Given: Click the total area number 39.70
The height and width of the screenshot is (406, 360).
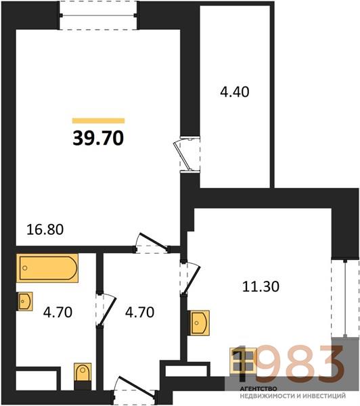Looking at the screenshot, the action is [98, 138].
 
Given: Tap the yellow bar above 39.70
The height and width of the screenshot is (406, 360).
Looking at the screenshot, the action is [98, 120].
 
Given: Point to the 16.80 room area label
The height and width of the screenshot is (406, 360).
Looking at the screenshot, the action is [45, 229].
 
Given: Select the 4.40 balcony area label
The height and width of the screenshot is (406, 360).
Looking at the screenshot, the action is [235, 92].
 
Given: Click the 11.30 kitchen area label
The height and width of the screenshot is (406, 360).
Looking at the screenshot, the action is [261, 287].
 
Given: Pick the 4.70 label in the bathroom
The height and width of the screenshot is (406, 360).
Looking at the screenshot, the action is [58, 312].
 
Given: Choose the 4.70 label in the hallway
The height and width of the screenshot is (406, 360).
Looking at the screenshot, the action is [139, 312].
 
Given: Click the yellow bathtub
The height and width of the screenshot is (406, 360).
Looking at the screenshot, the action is [47, 268].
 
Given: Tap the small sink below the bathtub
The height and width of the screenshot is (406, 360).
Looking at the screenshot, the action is [24, 301].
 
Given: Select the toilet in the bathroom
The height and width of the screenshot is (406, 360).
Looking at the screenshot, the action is [83, 372].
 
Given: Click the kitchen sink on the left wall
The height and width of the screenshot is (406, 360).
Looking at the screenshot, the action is [200, 323].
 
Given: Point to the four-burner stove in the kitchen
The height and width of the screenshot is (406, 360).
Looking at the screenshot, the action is [243, 361].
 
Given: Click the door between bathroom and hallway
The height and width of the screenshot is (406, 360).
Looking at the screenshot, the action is [105, 309].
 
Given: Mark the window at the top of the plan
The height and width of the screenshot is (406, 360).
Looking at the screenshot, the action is [98, 16].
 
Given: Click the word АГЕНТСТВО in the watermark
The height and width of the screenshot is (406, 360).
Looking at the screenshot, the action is [258, 388].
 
